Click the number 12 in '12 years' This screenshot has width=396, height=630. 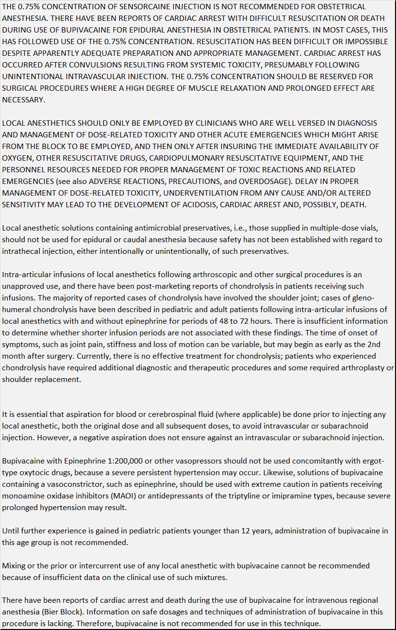(x=218, y=531)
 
